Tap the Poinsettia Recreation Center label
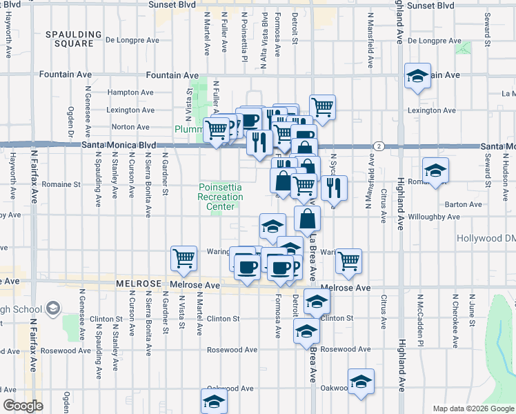[x=221, y=197]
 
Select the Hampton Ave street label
[x=130, y=92]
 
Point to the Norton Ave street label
[x=130, y=127]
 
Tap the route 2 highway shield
[x=379, y=146]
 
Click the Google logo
[x=23, y=406]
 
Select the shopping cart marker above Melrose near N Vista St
[x=184, y=258]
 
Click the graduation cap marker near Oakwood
[x=361, y=381]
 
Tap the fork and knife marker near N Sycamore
[x=334, y=187]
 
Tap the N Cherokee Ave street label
[x=455, y=321]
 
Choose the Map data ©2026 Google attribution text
[x=473, y=408]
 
